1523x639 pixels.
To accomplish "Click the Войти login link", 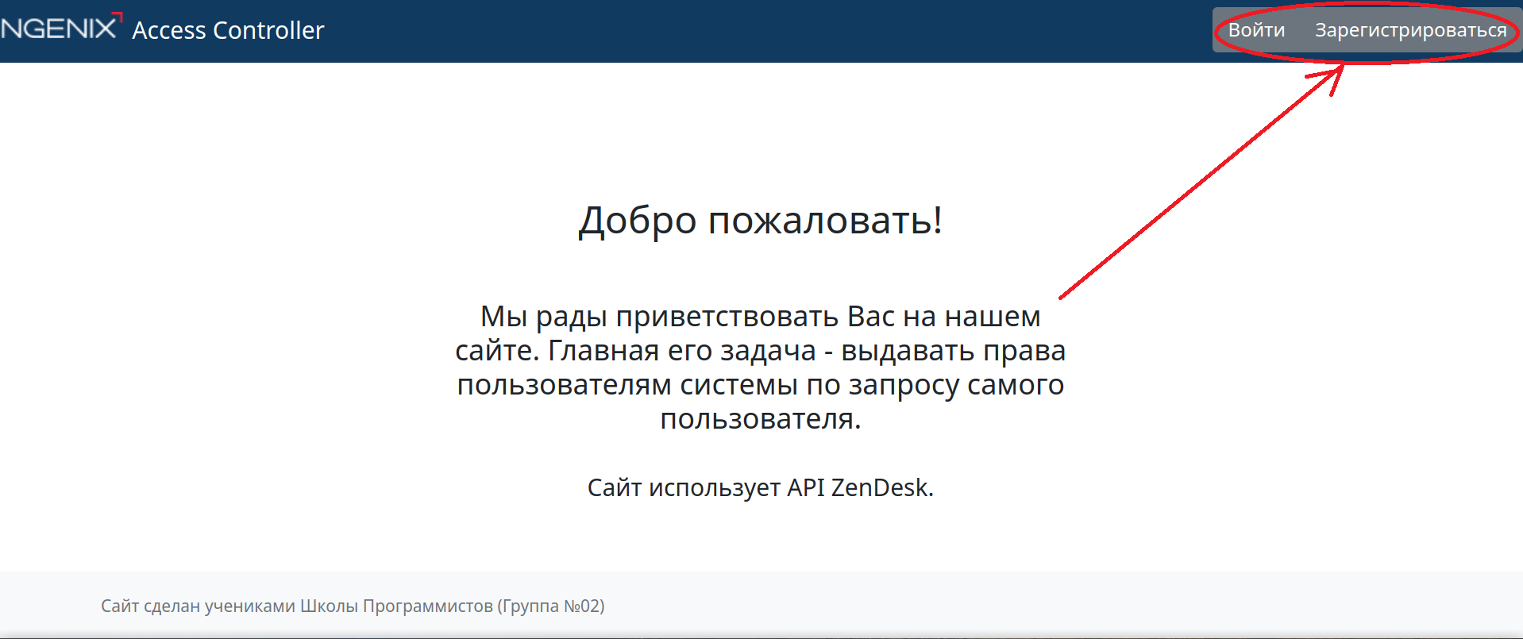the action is point(1256,30).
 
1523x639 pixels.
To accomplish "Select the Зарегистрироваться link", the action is point(1411,30).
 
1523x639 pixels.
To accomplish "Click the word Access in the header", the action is point(169,30).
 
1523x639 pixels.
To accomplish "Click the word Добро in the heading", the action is point(638,221).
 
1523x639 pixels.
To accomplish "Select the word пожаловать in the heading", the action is point(825,221).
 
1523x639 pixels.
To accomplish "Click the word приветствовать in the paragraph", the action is point(727,317).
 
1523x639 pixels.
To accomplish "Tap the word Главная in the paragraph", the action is point(603,350).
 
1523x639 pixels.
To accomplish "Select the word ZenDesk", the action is point(882,487).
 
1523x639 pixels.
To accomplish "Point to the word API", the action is point(806,487).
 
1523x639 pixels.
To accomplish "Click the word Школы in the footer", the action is point(329,606).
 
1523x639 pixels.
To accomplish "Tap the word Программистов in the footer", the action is point(428,607).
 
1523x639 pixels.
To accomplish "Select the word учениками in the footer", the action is point(250,607).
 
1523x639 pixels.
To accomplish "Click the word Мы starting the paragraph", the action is point(504,317).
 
